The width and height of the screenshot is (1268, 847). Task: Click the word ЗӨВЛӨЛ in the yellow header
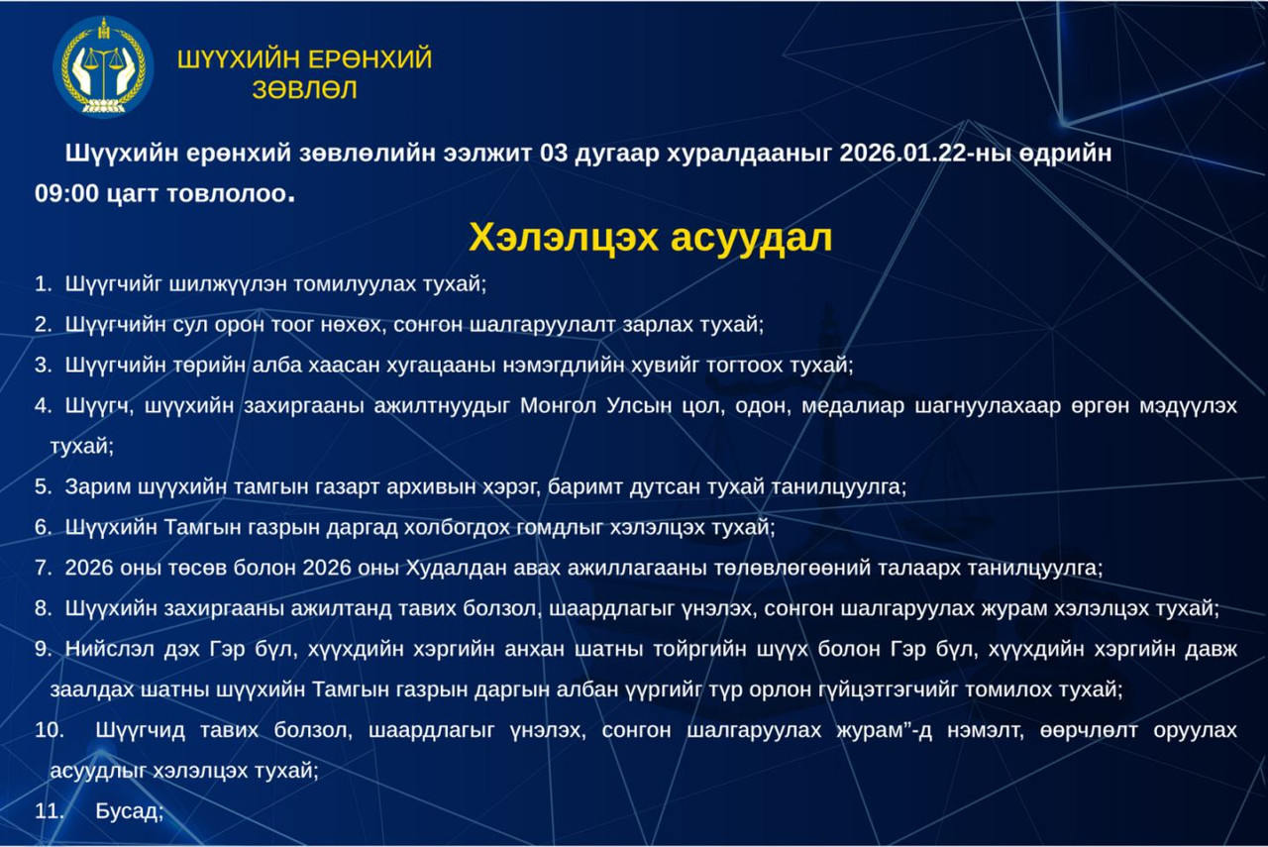point(304,90)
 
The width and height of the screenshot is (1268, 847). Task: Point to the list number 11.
point(49,811)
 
